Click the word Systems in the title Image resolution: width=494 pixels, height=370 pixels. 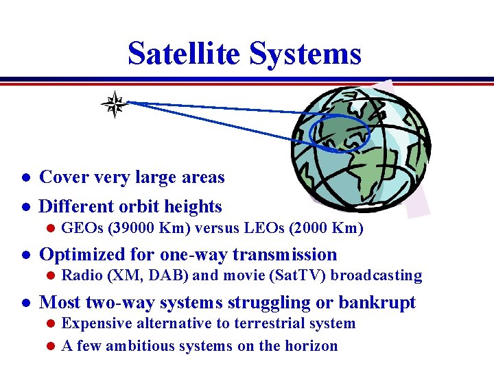pos(305,53)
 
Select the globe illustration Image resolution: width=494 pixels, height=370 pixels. pos(362,151)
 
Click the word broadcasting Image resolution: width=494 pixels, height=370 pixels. pos(375,275)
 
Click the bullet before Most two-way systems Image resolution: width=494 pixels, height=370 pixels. pos(24,304)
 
